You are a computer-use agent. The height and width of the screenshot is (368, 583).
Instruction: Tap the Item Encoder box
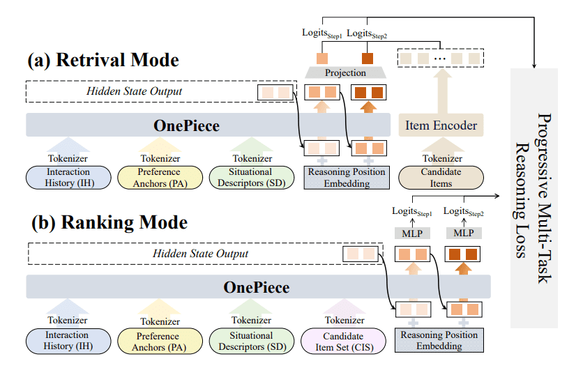pos(441,125)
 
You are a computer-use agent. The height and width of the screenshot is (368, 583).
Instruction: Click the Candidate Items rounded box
pos(441,178)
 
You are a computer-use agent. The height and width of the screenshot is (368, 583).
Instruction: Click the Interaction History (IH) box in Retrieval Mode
pos(68,178)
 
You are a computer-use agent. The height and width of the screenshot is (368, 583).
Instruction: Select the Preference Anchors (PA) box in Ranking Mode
pos(159,340)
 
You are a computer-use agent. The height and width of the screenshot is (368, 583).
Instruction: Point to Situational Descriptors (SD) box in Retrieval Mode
pos(251,178)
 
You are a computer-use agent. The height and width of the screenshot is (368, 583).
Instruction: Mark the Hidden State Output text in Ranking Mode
pos(200,254)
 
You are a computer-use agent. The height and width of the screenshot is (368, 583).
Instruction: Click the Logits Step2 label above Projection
pos(368,33)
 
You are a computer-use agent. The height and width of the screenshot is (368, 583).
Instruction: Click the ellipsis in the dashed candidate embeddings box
pos(440,59)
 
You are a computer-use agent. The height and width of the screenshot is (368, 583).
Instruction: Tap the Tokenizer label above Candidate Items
pos(441,158)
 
